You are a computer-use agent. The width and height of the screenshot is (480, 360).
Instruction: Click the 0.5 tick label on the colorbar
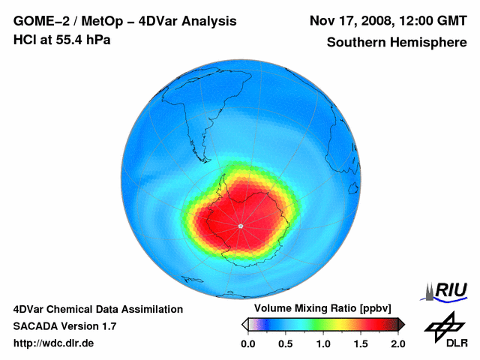coord(285,343)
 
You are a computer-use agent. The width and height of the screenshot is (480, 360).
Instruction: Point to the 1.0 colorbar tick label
coord(322,343)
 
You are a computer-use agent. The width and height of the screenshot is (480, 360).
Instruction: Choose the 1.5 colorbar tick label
coord(360,343)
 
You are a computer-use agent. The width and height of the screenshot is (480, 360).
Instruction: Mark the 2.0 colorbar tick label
coord(397,343)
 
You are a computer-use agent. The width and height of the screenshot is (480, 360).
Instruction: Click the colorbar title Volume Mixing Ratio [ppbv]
coord(322,308)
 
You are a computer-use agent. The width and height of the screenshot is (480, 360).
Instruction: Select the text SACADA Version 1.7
coord(64,326)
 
